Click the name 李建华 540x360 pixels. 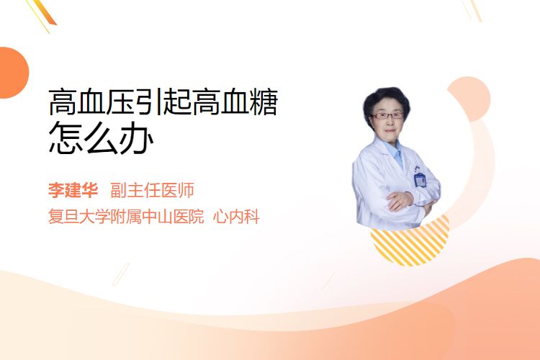(x=73, y=190)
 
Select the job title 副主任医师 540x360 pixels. (x=152, y=190)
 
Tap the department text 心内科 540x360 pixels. (x=236, y=217)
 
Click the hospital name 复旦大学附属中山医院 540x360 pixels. (x=126, y=217)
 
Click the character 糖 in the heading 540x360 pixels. (x=264, y=102)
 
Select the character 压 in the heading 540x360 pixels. (x=120, y=102)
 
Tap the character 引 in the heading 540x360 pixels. (x=148, y=102)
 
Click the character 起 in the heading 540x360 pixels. (x=177, y=102)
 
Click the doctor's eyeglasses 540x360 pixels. (x=387, y=115)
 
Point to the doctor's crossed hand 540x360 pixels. (x=400, y=200)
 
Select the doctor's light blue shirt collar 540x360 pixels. (x=396, y=152)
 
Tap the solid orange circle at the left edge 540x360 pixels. (x=13, y=73)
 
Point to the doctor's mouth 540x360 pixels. (x=389, y=130)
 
